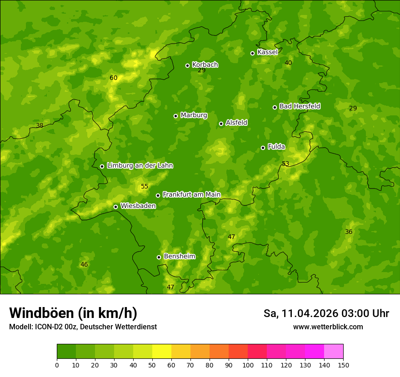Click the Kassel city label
[267, 52]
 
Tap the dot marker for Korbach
[187, 65]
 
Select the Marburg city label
[194, 115]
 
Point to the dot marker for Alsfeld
[221, 124]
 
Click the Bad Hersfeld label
[300, 106]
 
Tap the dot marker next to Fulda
[263, 148]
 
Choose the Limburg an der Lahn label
[140, 166]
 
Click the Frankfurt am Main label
[191, 194]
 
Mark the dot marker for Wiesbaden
[115, 207]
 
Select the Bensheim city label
[179, 256]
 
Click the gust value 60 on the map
[114, 78]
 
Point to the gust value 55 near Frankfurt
[145, 186]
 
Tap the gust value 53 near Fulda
[285, 164]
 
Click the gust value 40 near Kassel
[288, 63]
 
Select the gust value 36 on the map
[349, 232]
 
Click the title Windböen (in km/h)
[73, 313]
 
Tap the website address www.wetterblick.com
[328, 327]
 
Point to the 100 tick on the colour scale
[248, 365]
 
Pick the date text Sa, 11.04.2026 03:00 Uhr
[326, 313]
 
